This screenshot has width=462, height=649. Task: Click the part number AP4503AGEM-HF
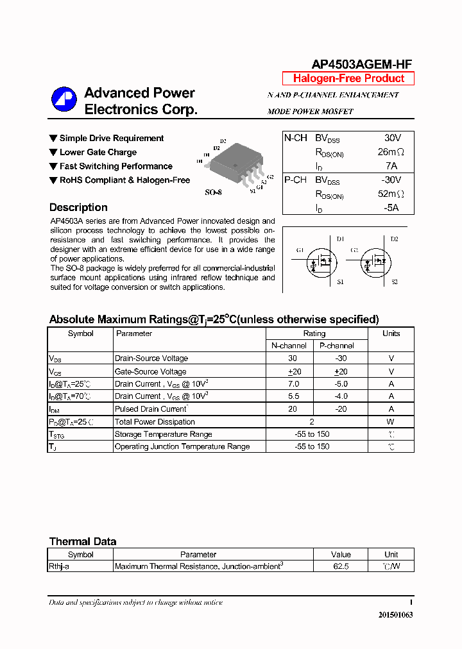(x=361, y=64)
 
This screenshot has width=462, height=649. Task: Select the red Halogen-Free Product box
(x=348, y=79)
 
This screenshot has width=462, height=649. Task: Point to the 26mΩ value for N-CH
(x=390, y=152)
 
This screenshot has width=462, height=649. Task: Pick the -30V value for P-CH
(x=390, y=180)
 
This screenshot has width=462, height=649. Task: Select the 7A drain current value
(x=392, y=166)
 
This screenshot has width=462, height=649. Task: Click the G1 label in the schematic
(x=300, y=250)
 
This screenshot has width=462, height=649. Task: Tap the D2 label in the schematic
(x=394, y=239)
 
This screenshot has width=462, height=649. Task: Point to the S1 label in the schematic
(x=340, y=282)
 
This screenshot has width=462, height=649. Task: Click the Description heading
(x=78, y=208)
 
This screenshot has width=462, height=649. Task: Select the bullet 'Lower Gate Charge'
(x=98, y=153)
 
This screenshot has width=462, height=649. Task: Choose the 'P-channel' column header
(x=337, y=346)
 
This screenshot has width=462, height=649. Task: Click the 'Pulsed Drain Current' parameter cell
(x=150, y=409)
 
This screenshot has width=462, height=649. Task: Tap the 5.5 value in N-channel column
(x=293, y=396)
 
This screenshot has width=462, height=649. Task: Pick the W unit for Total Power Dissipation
(x=391, y=422)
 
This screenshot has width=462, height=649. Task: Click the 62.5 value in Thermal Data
(x=341, y=567)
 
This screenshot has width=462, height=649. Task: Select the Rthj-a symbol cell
(x=59, y=567)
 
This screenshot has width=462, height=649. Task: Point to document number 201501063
(x=395, y=615)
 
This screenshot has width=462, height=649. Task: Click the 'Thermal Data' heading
(x=83, y=542)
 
